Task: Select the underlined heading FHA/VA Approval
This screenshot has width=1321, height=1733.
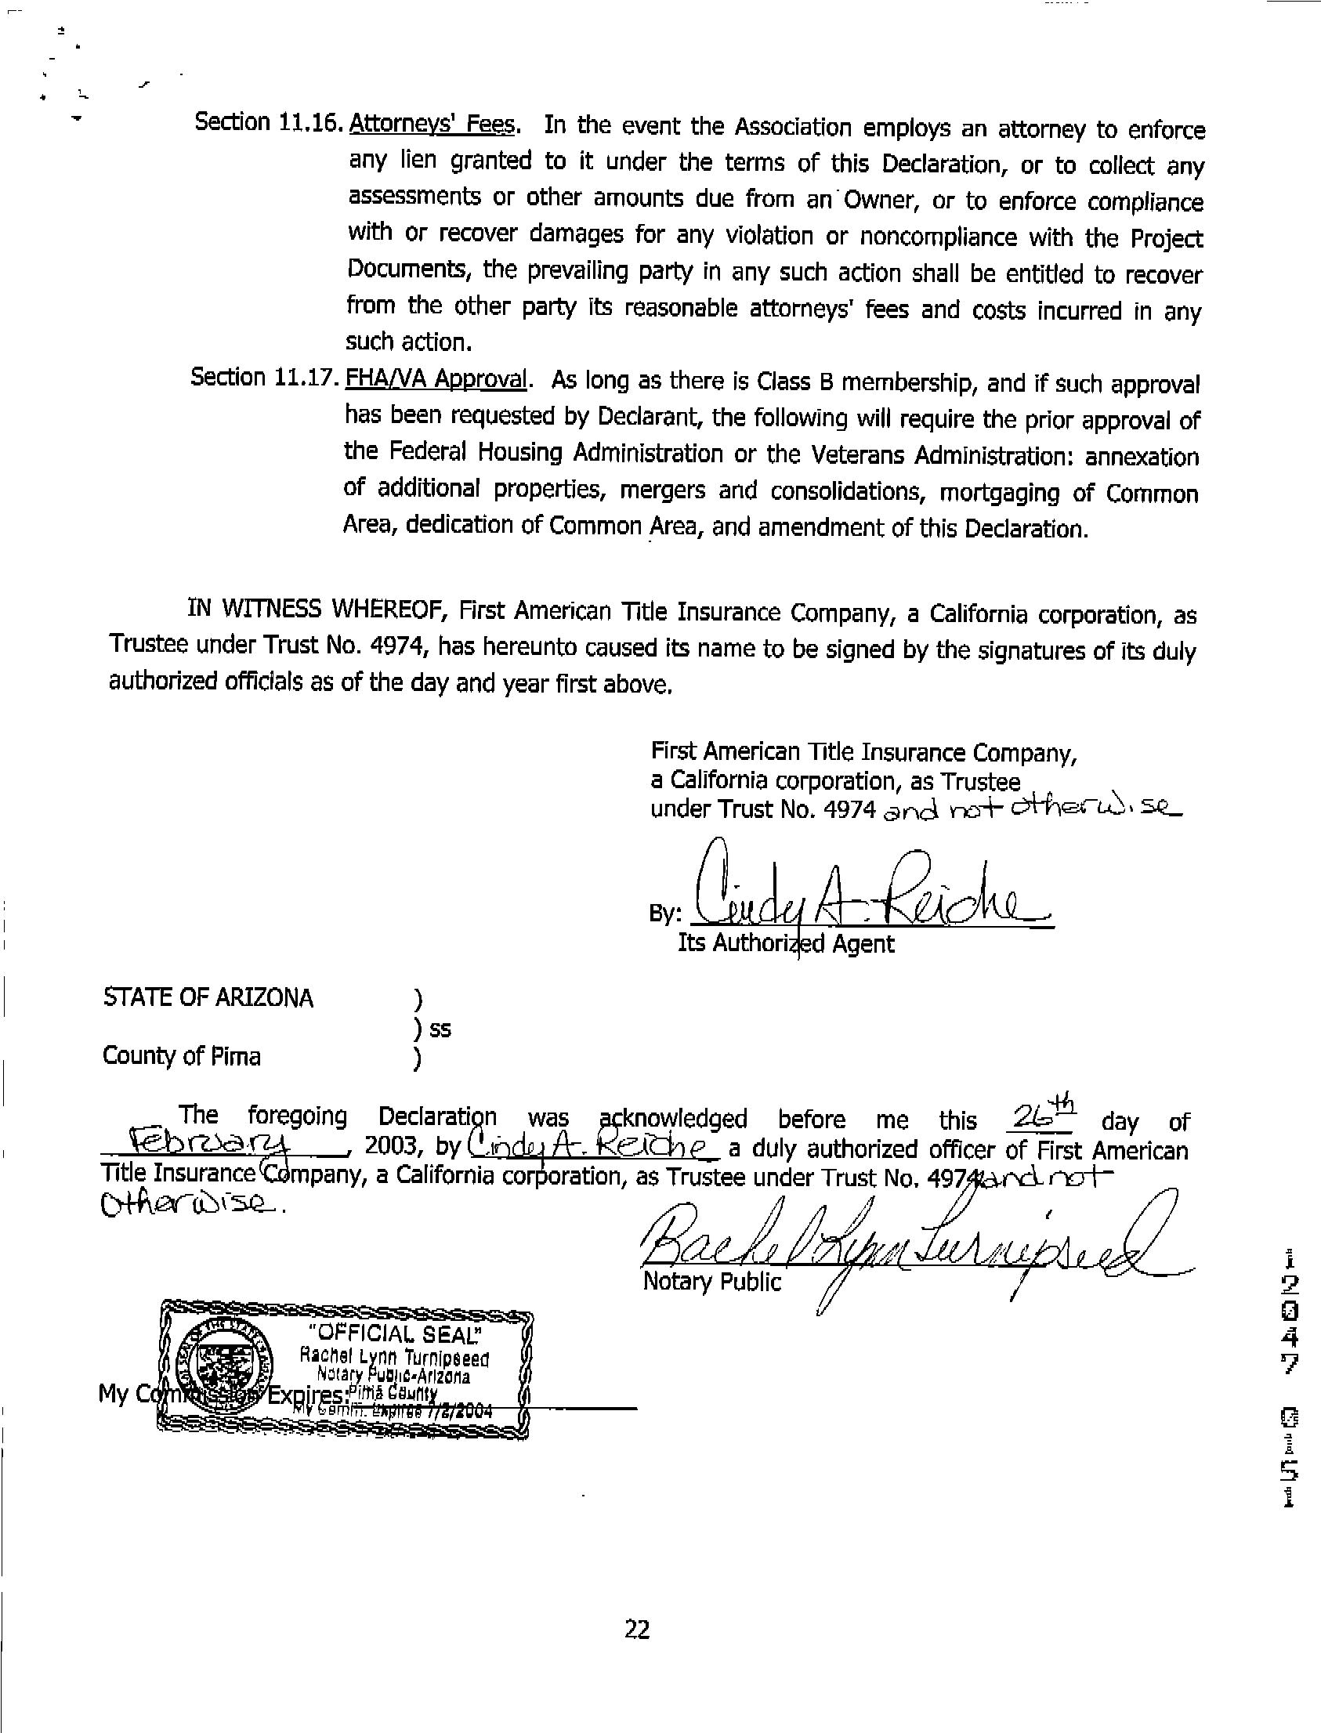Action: click(x=436, y=378)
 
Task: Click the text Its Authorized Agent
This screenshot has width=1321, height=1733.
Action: click(x=786, y=943)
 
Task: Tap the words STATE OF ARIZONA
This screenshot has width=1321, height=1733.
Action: click(x=208, y=998)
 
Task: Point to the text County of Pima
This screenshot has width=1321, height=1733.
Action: click(x=182, y=1056)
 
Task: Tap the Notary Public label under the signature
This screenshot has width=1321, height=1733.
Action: click(x=712, y=1282)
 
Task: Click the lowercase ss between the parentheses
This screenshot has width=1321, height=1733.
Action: click(x=440, y=1029)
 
